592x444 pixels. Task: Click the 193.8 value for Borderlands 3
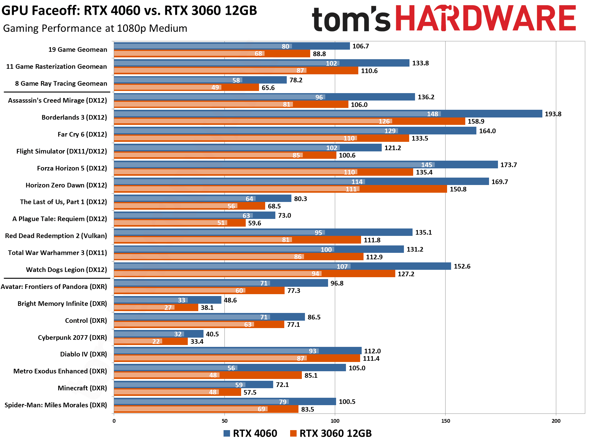[x=553, y=114]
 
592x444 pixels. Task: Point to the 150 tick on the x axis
[x=446, y=421]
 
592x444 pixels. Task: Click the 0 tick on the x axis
[x=114, y=421]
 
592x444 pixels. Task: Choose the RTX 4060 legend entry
[x=250, y=434]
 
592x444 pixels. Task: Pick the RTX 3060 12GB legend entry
[x=331, y=434]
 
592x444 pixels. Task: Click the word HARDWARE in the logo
[x=485, y=18]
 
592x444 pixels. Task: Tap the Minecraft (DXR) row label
[x=82, y=388]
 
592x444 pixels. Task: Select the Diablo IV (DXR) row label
[x=83, y=354]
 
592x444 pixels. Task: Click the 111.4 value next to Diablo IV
[x=371, y=359]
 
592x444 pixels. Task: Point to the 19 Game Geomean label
[x=78, y=50]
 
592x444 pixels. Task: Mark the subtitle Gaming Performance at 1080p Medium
[x=95, y=28]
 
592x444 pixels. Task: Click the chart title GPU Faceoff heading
[x=129, y=11]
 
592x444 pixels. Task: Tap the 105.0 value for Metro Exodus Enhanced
[x=357, y=368]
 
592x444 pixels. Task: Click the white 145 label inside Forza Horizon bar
[x=427, y=165]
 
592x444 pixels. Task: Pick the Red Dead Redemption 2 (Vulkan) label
[x=56, y=236]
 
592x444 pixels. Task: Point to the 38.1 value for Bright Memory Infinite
[x=207, y=308]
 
